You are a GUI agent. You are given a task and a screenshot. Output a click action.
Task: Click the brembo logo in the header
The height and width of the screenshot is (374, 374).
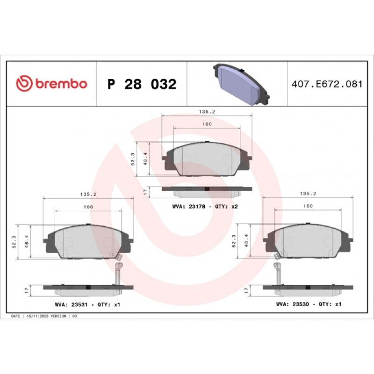(51, 84)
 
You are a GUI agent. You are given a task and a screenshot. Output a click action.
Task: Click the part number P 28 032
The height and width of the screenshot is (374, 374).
(142, 85)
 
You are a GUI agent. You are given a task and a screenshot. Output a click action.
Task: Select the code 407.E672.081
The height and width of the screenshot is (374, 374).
(327, 85)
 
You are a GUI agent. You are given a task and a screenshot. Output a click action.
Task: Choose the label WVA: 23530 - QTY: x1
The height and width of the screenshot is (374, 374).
(309, 304)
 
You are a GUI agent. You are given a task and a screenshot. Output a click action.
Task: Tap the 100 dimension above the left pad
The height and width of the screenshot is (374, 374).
(88, 207)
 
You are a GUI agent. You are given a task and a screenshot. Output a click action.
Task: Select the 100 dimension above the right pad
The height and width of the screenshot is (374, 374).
(308, 206)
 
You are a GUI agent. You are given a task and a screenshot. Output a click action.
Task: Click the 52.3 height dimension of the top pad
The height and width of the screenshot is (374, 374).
(133, 159)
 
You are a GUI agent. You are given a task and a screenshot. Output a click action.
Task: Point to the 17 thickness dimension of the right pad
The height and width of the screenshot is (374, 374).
(246, 290)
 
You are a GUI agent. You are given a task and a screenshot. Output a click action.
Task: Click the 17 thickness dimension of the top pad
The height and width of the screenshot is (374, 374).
(145, 192)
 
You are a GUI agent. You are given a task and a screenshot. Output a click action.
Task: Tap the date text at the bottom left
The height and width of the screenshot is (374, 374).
(44, 316)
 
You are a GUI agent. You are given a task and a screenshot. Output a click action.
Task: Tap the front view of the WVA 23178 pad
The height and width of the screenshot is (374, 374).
(207, 159)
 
